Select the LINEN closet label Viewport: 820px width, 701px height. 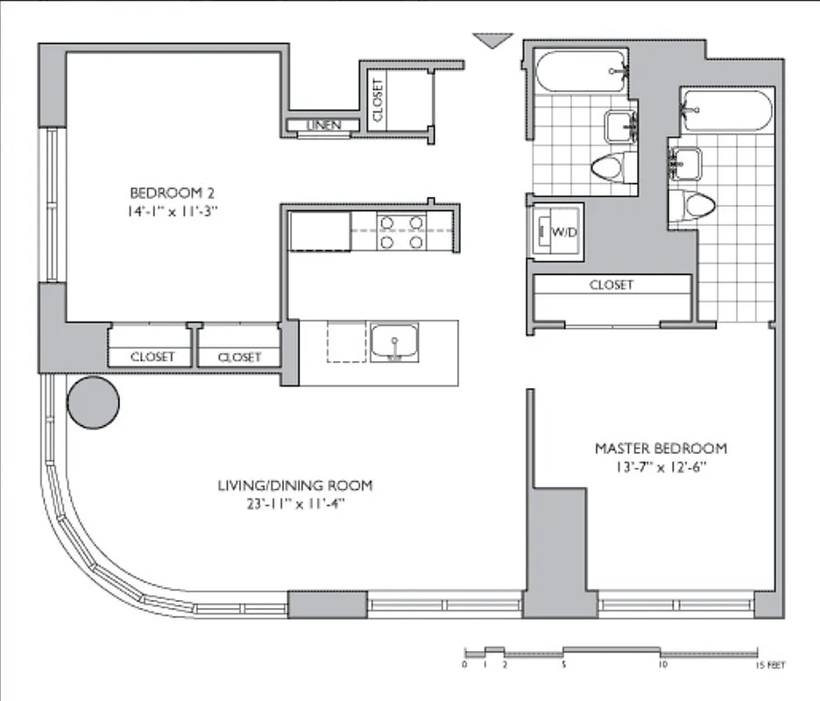click(x=323, y=126)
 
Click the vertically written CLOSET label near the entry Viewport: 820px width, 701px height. click(x=378, y=100)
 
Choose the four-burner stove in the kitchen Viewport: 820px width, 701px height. click(x=401, y=230)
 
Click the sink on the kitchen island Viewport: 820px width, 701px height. click(x=394, y=343)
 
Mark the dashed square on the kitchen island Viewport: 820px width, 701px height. click(x=347, y=342)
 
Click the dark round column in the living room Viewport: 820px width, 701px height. click(x=93, y=402)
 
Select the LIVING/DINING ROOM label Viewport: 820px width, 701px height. click(x=295, y=485)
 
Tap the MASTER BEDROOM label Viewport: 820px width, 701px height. click(x=661, y=448)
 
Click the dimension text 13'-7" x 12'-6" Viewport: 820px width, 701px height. click(x=661, y=466)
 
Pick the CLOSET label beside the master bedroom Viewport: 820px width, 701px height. click(x=611, y=285)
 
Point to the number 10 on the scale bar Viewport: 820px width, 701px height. click(x=662, y=665)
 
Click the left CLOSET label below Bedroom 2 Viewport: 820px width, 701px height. click(x=152, y=357)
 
